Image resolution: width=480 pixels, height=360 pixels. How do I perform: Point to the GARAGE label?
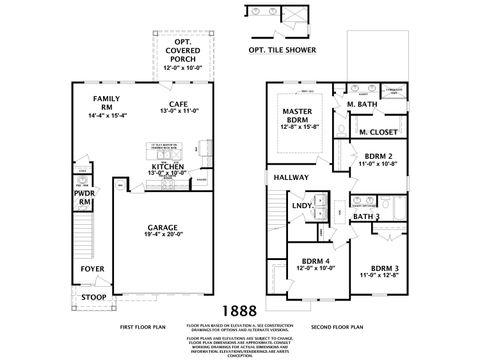coord(163,227)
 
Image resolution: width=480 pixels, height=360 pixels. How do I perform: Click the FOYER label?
coord(92,267)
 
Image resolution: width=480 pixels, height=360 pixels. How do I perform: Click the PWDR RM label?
coord(85,198)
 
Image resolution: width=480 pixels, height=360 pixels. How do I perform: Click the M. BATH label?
coord(361,104)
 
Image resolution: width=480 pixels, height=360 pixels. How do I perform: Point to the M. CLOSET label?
coord(377,131)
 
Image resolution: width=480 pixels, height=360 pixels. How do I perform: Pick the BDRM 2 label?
coord(377,158)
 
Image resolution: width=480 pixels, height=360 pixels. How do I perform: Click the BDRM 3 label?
coord(385,268)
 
